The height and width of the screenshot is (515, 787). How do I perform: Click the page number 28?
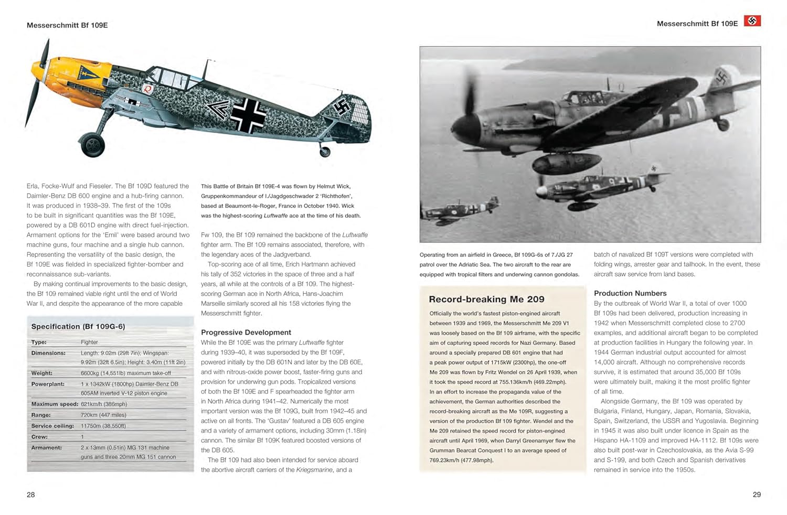coord(31,495)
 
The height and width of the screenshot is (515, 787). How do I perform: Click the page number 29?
coord(757,495)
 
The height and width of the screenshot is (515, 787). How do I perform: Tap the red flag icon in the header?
coord(752,21)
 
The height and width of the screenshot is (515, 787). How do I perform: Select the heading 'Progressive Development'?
coord(246,332)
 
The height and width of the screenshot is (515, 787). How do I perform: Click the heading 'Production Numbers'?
coord(630,293)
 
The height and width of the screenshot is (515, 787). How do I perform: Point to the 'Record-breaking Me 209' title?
coord(486,299)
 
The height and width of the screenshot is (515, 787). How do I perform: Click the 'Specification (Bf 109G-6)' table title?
coord(78,327)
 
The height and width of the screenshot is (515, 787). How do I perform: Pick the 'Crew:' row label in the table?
coord(39,437)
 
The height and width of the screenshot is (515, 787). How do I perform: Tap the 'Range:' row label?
coord(41,415)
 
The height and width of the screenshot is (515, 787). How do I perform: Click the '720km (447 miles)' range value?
coord(103,415)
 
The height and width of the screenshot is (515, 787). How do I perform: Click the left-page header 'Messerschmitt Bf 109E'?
coord(67,25)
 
